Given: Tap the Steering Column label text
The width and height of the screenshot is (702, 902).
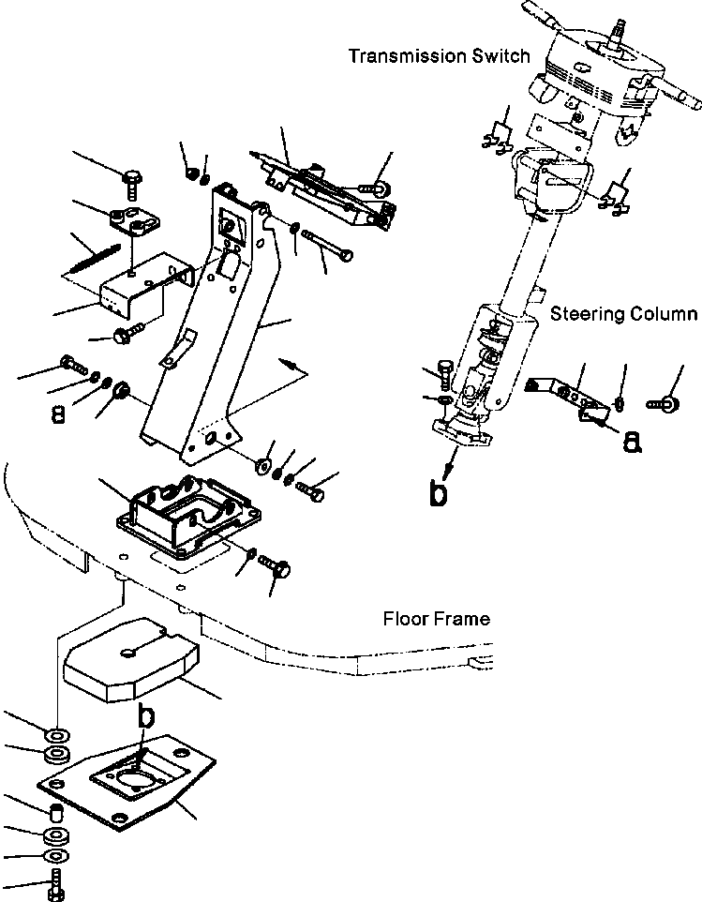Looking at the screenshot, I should (x=622, y=314).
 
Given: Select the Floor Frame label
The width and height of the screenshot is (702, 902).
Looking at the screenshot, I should (x=436, y=620).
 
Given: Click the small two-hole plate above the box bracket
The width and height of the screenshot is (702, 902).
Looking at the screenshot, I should (x=131, y=222).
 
